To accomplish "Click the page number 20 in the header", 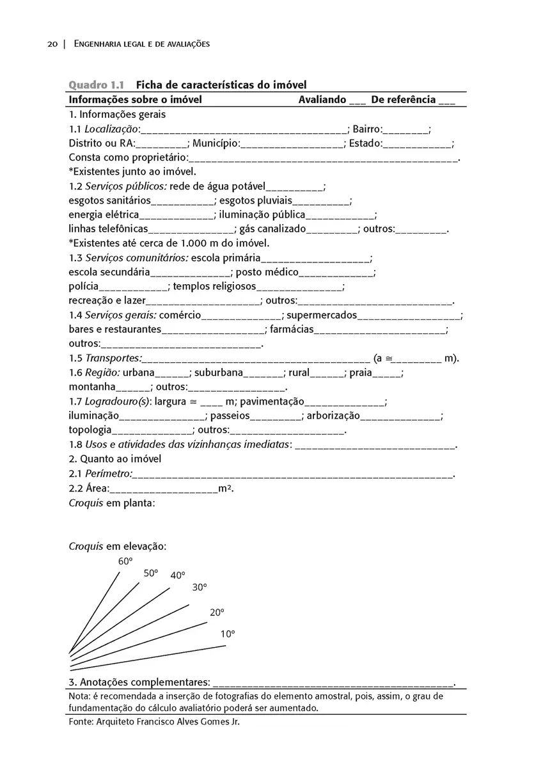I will pos(52,44).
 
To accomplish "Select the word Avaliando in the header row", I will pos(322,100).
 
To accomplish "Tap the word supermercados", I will pos(322,316).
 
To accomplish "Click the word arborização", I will pos(333,416).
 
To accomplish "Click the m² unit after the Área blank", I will pos(224,489).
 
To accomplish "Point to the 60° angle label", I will pos(125,561).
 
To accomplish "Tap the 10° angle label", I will pos(228,634).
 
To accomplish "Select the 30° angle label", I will pos(200,587).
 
